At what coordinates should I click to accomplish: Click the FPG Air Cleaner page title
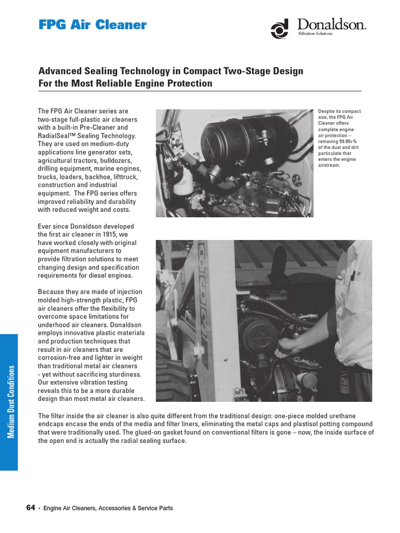coord(93,25)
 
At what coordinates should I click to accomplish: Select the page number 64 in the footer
coord(30,507)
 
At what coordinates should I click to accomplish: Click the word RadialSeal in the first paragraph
coord(54,136)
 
